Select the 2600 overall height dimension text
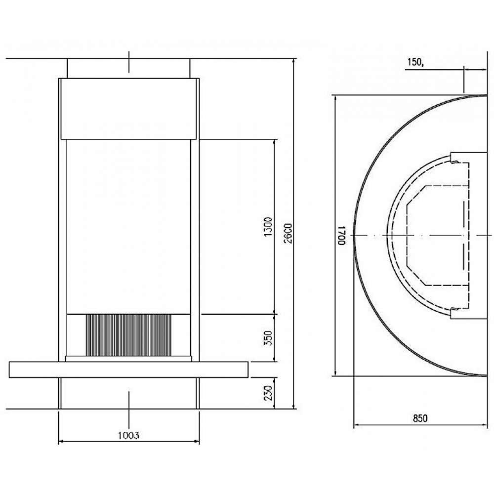(x=288, y=233)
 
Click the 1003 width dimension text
(x=128, y=435)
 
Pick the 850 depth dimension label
(x=420, y=418)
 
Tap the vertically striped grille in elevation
(x=129, y=335)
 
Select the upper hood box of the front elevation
(x=129, y=109)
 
